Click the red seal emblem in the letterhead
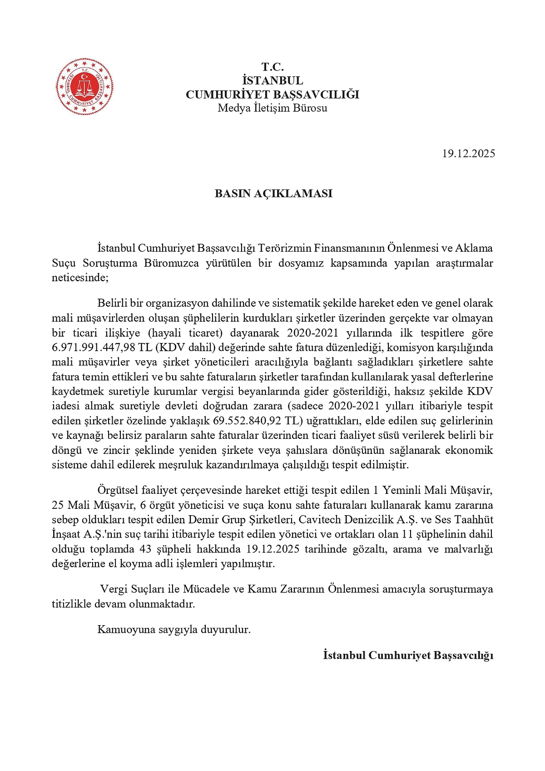(84, 86)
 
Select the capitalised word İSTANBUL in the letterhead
(272, 80)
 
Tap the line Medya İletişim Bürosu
(272, 108)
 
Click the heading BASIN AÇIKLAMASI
(273, 194)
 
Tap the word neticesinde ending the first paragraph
(79, 278)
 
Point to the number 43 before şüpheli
(145, 549)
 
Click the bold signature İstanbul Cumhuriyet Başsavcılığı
(408, 656)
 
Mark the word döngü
(67, 450)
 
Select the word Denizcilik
(369, 520)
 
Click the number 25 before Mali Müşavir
(58, 505)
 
